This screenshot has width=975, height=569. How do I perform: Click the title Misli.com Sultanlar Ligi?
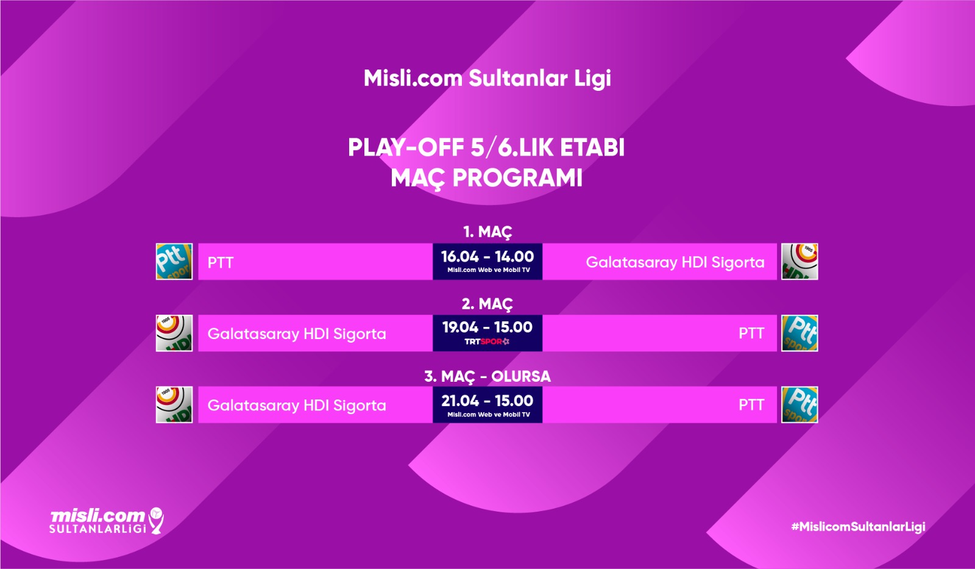point(487,79)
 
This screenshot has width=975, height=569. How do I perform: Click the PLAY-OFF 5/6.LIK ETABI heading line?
point(486,148)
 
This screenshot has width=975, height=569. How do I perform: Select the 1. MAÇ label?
point(487,232)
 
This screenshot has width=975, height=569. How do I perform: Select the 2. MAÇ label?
point(487,304)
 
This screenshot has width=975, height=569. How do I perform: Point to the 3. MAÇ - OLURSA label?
point(487,376)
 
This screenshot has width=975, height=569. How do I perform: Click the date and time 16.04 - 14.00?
point(487,256)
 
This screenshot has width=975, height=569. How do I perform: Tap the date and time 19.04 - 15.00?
point(487,327)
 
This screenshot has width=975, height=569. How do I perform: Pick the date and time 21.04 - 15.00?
point(487,401)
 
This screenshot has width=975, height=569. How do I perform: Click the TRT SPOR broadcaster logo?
point(487,342)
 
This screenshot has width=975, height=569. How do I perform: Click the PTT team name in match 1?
point(221,263)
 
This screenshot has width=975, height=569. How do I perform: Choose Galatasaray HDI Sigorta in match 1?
point(675,262)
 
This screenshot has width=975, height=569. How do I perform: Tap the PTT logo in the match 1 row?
point(174,262)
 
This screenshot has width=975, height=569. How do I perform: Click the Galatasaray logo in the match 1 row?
point(799,262)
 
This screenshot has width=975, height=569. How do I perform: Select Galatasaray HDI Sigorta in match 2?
point(297,334)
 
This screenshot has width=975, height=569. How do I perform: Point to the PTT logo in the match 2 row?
point(799,334)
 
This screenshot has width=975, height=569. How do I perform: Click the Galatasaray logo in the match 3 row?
point(174,405)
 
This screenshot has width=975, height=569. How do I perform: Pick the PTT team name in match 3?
point(751,405)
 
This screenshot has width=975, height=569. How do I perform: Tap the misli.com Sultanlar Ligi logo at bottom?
point(107,521)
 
